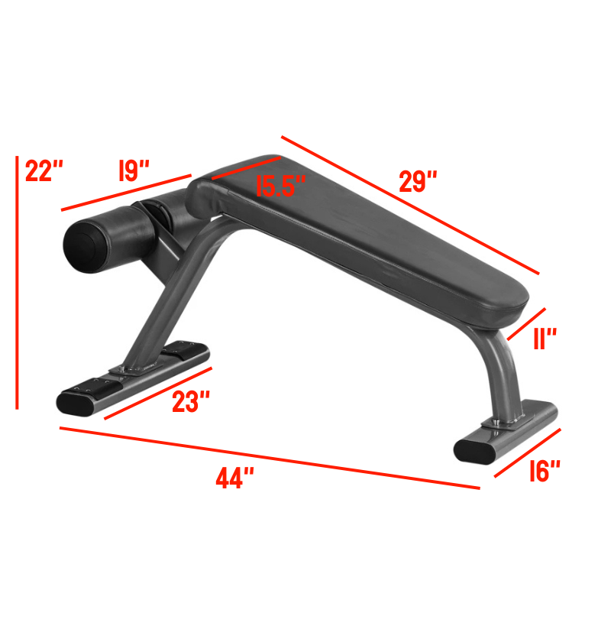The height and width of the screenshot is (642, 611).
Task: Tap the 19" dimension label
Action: click(134, 170)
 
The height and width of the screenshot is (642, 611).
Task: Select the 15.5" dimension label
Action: click(280, 186)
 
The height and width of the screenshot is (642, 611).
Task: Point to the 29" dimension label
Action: click(418, 182)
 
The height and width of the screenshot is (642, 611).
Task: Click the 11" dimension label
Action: click(545, 339)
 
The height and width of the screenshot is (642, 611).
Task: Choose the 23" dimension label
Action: click(190, 402)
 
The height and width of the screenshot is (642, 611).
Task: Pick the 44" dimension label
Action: click(234, 479)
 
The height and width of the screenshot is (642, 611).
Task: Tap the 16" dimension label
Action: click(545, 472)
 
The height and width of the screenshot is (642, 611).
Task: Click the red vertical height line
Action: click(17, 283)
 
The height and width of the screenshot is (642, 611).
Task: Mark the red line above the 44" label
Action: click(267, 457)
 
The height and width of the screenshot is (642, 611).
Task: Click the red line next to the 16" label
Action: click(528, 452)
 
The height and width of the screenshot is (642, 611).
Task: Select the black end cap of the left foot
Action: click(77, 401)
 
